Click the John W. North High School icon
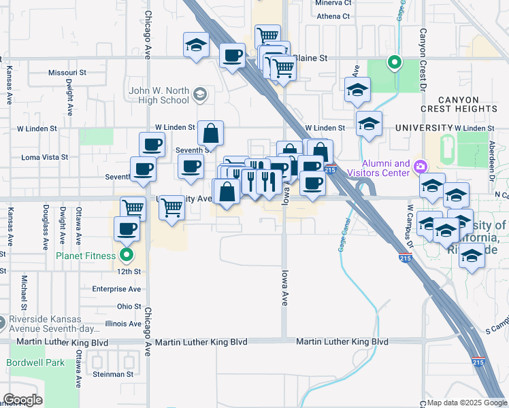[199, 94]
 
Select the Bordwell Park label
[36, 362]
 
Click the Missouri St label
[67, 72]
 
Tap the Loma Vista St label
[45, 157]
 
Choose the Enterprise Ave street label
[116, 289]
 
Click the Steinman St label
[114, 374]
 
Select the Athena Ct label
[333, 16]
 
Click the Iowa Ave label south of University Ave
[284, 289]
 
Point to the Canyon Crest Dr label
[423, 61]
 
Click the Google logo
[22, 399]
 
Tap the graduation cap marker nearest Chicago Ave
[196, 46]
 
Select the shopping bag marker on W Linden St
[211, 133]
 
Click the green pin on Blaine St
[394, 63]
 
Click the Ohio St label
[129, 307]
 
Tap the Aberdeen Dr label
[492, 156]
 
